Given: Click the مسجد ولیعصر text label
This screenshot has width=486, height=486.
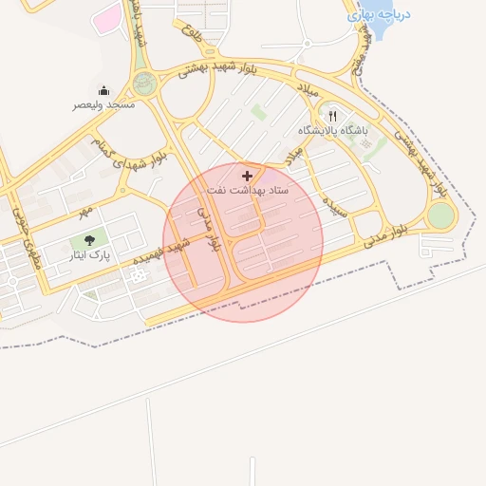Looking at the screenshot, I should click(103, 104).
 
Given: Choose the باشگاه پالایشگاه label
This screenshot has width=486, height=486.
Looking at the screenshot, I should click(331, 129).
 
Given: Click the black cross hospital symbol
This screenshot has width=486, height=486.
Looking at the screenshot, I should click(248, 176).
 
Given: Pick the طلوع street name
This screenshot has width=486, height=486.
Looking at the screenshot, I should click(191, 23).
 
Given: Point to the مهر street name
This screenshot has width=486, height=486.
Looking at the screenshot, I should click(86, 207).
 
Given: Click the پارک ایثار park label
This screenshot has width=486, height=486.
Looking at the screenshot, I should click(91, 255).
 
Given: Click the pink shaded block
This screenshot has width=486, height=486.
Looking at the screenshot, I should click(107, 17).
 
